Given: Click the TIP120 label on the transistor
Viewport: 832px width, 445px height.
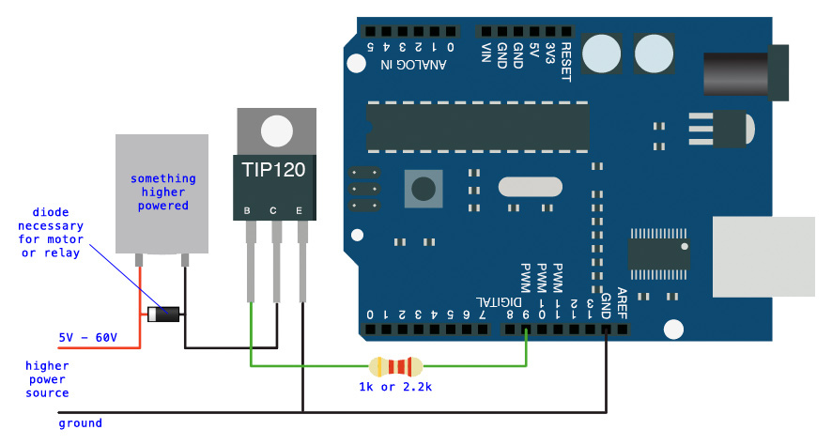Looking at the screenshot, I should click(x=275, y=172).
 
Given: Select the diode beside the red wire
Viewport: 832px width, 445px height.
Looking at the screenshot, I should click(x=164, y=314).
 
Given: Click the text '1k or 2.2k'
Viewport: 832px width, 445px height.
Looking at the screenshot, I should click(x=395, y=387).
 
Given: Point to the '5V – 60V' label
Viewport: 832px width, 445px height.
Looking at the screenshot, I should click(x=87, y=336).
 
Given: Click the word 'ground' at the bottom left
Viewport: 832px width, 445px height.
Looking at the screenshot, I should click(x=80, y=423).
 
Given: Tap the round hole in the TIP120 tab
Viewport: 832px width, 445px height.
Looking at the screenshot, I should click(x=276, y=130).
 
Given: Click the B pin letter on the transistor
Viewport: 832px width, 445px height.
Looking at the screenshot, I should click(x=247, y=210).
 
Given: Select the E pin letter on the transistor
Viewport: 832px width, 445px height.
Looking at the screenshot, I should click(x=300, y=210).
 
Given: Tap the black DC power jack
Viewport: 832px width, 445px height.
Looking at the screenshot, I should click(x=747, y=71).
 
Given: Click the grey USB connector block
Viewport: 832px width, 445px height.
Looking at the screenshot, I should click(x=763, y=256).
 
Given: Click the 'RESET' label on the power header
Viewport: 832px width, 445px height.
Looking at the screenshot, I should click(x=565, y=63).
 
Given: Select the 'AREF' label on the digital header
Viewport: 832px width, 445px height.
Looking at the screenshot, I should click(x=622, y=303).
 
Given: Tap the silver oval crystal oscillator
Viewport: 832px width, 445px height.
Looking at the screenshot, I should click(x=530, y=187).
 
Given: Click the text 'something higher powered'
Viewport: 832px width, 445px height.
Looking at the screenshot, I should click(x=163, y=192).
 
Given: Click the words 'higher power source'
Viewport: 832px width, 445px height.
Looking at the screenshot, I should click(x=47, y=379).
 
